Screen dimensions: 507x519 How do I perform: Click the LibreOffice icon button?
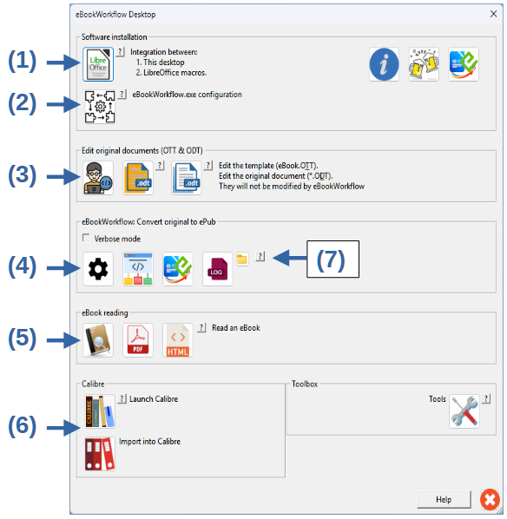pos(98,64)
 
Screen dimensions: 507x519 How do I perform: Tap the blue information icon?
pos(384,64)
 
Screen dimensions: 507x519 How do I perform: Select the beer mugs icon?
pos(424,64)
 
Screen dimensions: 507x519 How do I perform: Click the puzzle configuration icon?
pos(100,107)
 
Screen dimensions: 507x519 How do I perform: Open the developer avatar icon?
pos(98,178)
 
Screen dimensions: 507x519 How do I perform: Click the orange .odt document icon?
pos(138,178)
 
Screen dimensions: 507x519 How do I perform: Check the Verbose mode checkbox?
pos(86,238)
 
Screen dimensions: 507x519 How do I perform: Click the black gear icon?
pos(98,269)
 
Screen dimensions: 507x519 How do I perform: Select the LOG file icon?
pos(217,269)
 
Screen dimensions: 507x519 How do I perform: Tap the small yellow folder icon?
pos(242,259)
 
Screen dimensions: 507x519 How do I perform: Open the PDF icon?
pos(138,340)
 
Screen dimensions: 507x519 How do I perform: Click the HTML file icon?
pos(177,340)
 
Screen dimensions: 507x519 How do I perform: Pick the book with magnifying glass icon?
pos(98,340)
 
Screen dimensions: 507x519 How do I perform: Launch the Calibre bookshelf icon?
pos(100,411)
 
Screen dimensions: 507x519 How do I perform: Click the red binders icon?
pos(100,453)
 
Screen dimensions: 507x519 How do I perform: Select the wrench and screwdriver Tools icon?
pos(464,411)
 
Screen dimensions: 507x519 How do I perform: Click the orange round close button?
pos(491,499)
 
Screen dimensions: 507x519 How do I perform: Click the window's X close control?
pos(493,14)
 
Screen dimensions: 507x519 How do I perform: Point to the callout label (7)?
pos(333,259)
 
